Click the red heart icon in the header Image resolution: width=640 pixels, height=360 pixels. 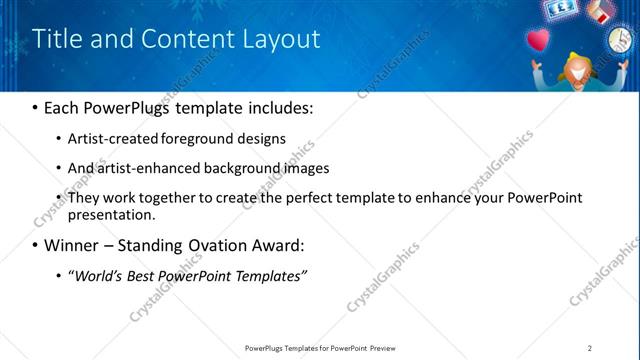[538, 41]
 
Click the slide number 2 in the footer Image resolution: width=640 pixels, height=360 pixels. [590, 348]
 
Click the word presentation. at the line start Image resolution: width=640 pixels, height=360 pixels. [112, 214]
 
